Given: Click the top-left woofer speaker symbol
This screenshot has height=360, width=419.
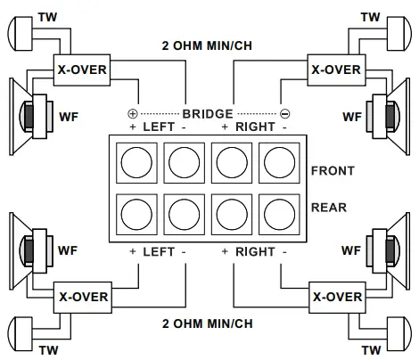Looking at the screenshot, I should [26, 114].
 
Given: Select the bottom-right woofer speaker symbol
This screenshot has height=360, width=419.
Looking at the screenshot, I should [391, 252].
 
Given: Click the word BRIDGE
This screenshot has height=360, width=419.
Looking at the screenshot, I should [208, 114].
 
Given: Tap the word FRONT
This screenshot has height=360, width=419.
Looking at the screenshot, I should [333, 171].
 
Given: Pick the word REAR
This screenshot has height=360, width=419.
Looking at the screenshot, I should [328, 208].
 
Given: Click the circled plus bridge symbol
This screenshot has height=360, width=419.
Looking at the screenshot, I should [134, 114].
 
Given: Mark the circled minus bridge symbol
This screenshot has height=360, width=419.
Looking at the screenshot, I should [284, 114].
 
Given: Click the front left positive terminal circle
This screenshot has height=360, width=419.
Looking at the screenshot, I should [136, 163].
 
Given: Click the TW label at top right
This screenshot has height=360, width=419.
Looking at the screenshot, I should [369, 17].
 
